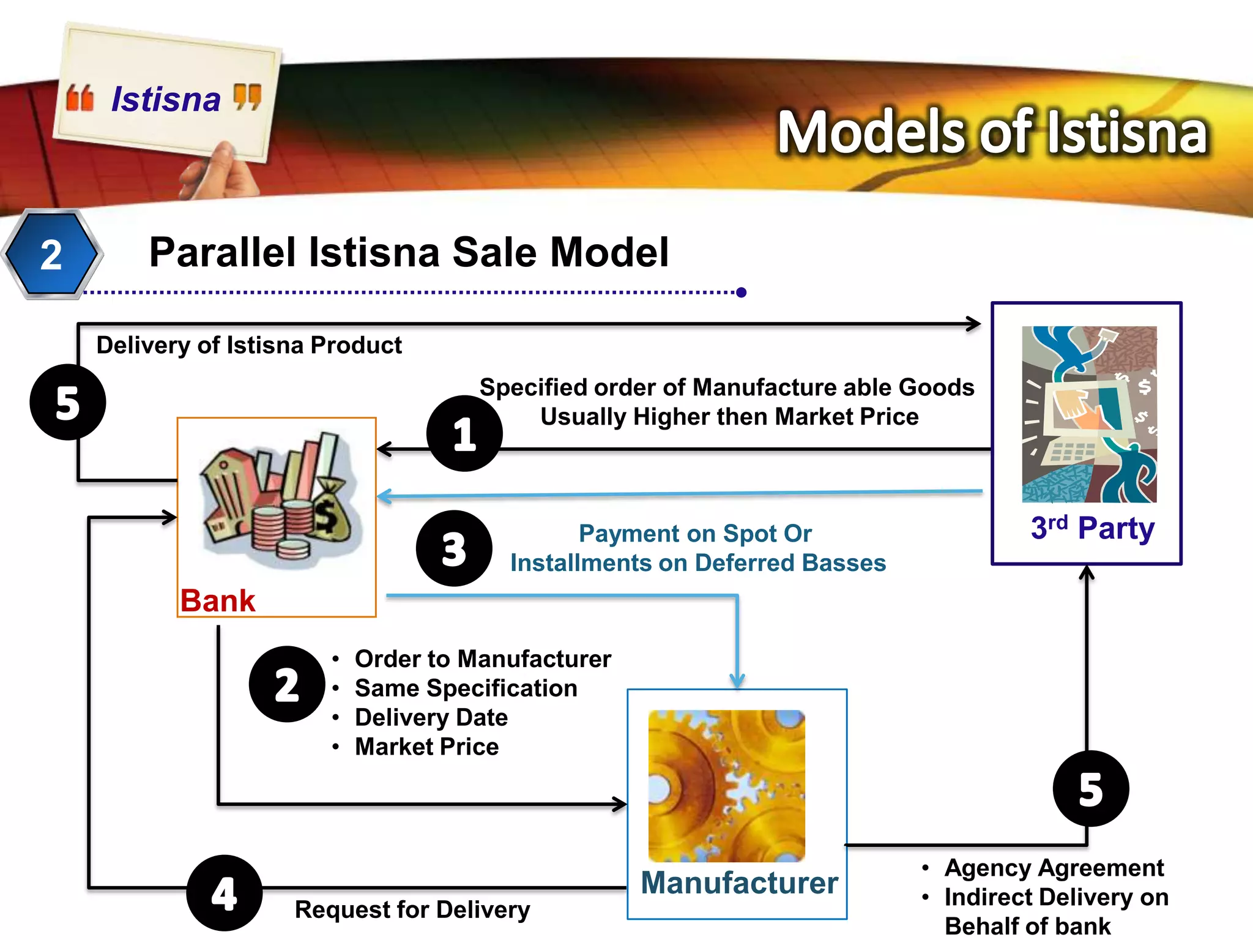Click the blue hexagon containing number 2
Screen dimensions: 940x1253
[51, 253]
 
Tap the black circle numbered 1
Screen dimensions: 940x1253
[464, 433]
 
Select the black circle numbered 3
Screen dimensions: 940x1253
[454, 548]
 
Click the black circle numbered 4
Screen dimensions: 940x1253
[225, 893]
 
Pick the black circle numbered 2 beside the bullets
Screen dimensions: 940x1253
[287, 684]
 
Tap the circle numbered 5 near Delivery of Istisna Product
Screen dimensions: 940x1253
[67, 402]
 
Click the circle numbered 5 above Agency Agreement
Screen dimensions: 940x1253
[1091, 788]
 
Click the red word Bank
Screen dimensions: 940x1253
[218, 600]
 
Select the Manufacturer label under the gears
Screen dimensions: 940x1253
[739, 883]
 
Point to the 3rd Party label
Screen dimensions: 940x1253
[1093, 528]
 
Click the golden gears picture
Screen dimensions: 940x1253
[726, 786]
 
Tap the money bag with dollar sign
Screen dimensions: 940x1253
[331, 512]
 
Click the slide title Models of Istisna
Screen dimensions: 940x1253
[992, 132]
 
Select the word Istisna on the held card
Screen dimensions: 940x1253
[166, 99]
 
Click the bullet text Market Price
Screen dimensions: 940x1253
[427, 747]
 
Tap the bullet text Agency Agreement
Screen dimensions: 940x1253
[1054, 868]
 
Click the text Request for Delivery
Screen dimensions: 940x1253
[412, 909]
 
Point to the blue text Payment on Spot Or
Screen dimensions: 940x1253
[695, 534]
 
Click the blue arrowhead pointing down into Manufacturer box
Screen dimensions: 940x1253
[737, 681]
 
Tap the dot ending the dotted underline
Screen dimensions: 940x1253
[742, 293]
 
